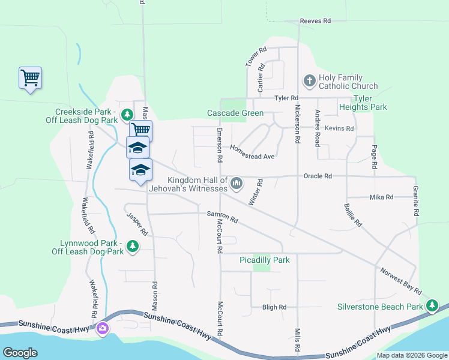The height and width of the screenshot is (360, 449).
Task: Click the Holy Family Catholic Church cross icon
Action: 309,80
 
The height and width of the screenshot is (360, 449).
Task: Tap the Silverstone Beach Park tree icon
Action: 432,306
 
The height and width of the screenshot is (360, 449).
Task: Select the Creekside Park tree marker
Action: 127,114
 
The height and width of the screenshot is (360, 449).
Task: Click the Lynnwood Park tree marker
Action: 133,246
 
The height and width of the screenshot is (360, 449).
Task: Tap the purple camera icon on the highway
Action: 103,328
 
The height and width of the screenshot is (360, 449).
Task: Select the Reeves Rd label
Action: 316,21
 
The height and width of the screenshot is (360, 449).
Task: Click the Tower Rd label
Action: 255,58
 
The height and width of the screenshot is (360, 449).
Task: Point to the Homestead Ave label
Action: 252,152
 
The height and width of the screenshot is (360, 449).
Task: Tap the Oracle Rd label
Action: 318,176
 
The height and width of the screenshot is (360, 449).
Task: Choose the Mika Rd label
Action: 381,197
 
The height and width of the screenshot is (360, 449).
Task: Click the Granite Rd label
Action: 415,201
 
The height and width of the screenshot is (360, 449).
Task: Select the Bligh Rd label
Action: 274,307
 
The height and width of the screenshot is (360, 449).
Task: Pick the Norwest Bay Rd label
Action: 400,280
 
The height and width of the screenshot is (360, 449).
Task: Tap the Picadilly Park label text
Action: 264,260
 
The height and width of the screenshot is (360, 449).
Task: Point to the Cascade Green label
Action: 235,113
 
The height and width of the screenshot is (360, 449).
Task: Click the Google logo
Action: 20,353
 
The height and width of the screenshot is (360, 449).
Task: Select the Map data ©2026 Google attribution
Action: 412,355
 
